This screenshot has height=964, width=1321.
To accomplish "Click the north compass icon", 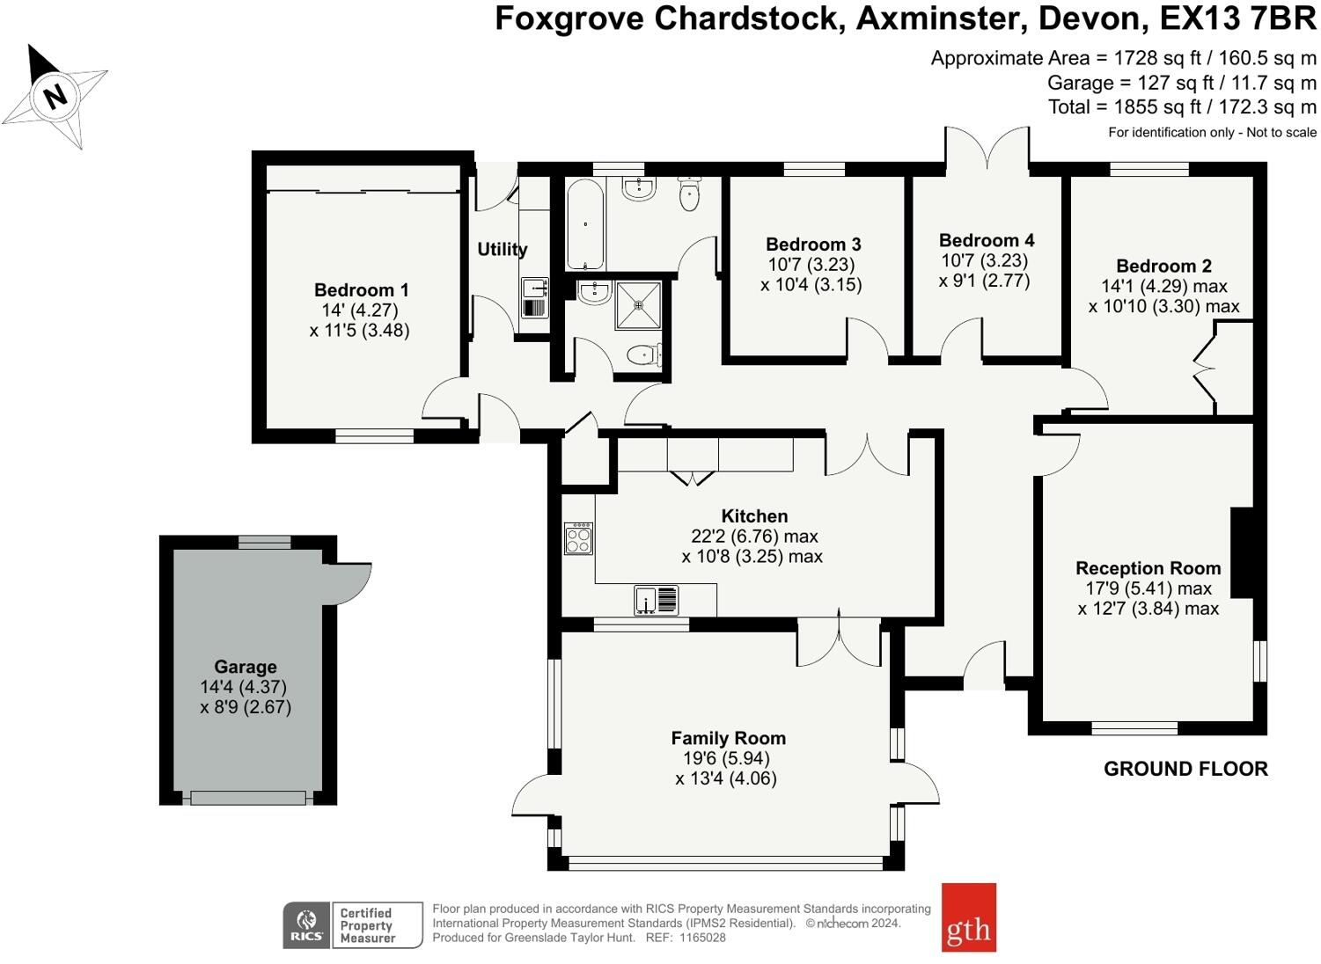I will pyautogui.click(x=55, y=95).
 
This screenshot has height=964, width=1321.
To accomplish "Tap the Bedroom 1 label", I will pyautogui.click(x=361, y=290).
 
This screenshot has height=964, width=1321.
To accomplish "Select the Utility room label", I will pyautogui.click(x=503, y=250).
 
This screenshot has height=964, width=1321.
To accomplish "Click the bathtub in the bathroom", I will pyautogui.click(x=584, y=224).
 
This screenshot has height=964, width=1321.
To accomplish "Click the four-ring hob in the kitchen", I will pyautogui.click(x=578, y=538).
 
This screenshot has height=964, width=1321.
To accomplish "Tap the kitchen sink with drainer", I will pyautogui.click(x=657, y=600).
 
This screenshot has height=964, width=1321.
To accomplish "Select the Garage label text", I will pyautogui.click(x=246, y=667).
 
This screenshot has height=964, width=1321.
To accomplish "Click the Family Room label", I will pyautogui.click(x=728, y=739).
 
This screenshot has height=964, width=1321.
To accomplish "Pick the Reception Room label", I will pyautogui.click(x=1148, y=568).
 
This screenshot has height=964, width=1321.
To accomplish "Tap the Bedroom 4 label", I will pyautogui.click(x=987, y=240).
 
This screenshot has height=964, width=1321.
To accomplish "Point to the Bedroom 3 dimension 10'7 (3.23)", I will pyautogui.click(x=811, y=265).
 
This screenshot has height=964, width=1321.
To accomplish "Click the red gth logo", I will pyautogui.click(x=968, y=917).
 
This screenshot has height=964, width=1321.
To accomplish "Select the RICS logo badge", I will pyautogui.click(x=306, y=925).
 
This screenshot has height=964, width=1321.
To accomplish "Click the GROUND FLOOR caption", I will pyautogui.click(x=1185, y=769).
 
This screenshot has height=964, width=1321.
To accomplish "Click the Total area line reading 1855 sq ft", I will pyautogui.click(x=1182, y=107).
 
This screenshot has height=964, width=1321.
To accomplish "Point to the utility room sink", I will pyautogui.click(x=533, y=288).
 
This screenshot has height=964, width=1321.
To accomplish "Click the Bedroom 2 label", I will pyautogui.click(x=1163, y=267).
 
